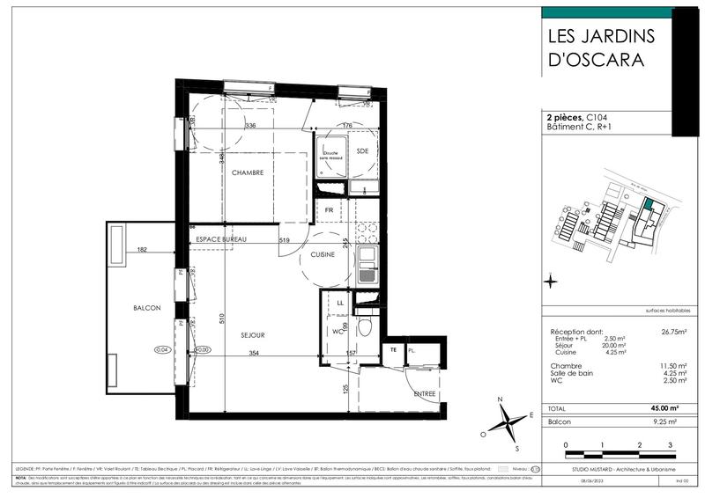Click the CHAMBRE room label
[248, 173]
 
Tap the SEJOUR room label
[253, 335]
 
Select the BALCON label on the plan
[146, 308]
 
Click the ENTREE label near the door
[425, 393]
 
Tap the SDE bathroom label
[362, 151]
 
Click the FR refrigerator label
[328, 211]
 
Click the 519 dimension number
[284, 240]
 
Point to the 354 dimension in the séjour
[254, 354]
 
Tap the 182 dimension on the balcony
[142, 251]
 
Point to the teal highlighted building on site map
[648, 205]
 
